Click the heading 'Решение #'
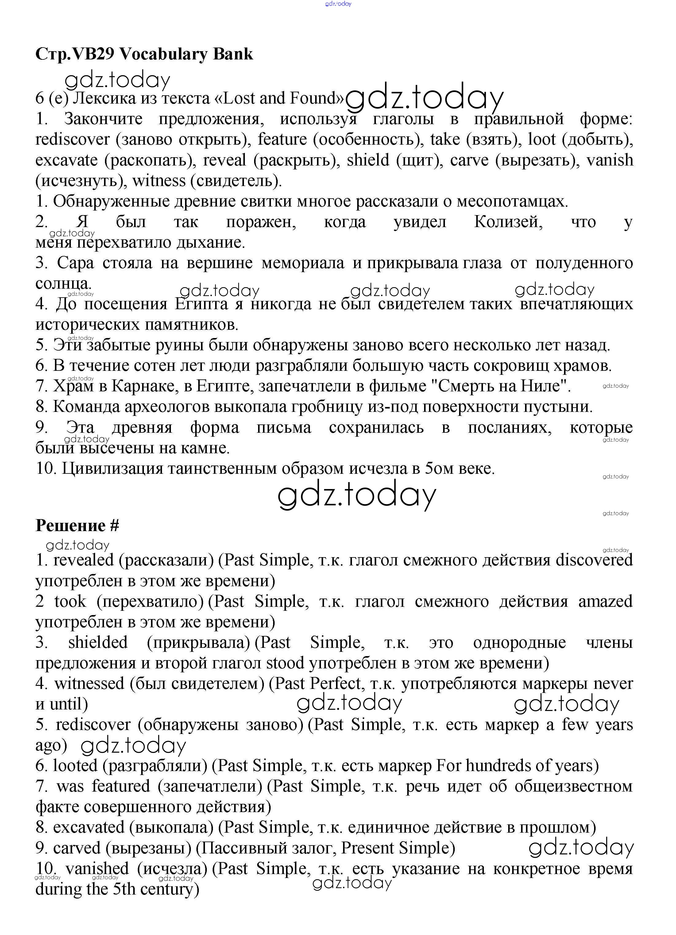click(x=77, y=525)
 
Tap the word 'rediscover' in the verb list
click(x=73, y=139)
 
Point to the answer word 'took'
click(x=70, y=601)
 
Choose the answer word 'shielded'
click(x=98, y=642)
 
